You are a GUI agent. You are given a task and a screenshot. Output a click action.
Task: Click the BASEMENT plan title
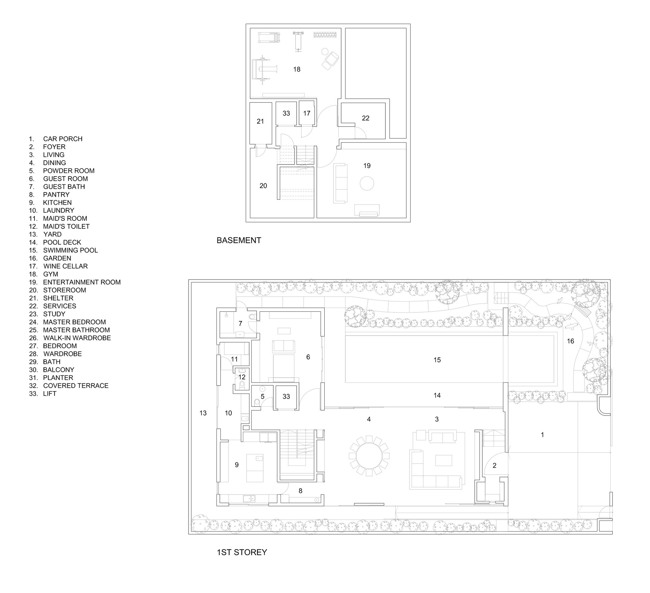coord(239,240)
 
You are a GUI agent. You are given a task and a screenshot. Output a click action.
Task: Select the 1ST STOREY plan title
coord(242,552)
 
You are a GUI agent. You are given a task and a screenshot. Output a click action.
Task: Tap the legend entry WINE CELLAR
coord(65,266)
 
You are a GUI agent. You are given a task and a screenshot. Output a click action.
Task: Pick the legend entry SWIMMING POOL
coord(70,250)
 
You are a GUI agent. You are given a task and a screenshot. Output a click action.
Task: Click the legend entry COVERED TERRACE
coord(75,386)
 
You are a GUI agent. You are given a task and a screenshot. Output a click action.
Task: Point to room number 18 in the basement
coord(297,69)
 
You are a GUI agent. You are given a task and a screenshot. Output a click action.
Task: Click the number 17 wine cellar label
coord(307,113)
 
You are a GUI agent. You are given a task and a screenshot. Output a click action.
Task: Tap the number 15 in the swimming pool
coord(437,360)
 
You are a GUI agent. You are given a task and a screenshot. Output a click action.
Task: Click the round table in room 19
coord(367,184)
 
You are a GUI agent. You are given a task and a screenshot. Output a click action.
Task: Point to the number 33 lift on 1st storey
coord(286,397)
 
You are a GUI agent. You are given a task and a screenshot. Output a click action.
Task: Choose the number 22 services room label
coord(366,118)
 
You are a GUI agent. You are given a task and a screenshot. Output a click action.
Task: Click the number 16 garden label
coord(570,341)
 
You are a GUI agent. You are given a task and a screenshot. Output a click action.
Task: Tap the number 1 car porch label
coord(542,435)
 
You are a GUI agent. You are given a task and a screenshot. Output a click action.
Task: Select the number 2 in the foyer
coord(495,466)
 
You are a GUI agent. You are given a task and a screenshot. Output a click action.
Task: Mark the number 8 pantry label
coord(301,491)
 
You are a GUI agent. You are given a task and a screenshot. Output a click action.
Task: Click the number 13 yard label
coord(203,413)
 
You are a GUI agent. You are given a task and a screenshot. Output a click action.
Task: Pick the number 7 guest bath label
coord(240,323)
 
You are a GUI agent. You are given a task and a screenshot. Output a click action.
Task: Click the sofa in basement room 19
coord(341,183)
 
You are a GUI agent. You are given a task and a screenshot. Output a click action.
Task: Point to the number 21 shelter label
coord(260,121)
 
